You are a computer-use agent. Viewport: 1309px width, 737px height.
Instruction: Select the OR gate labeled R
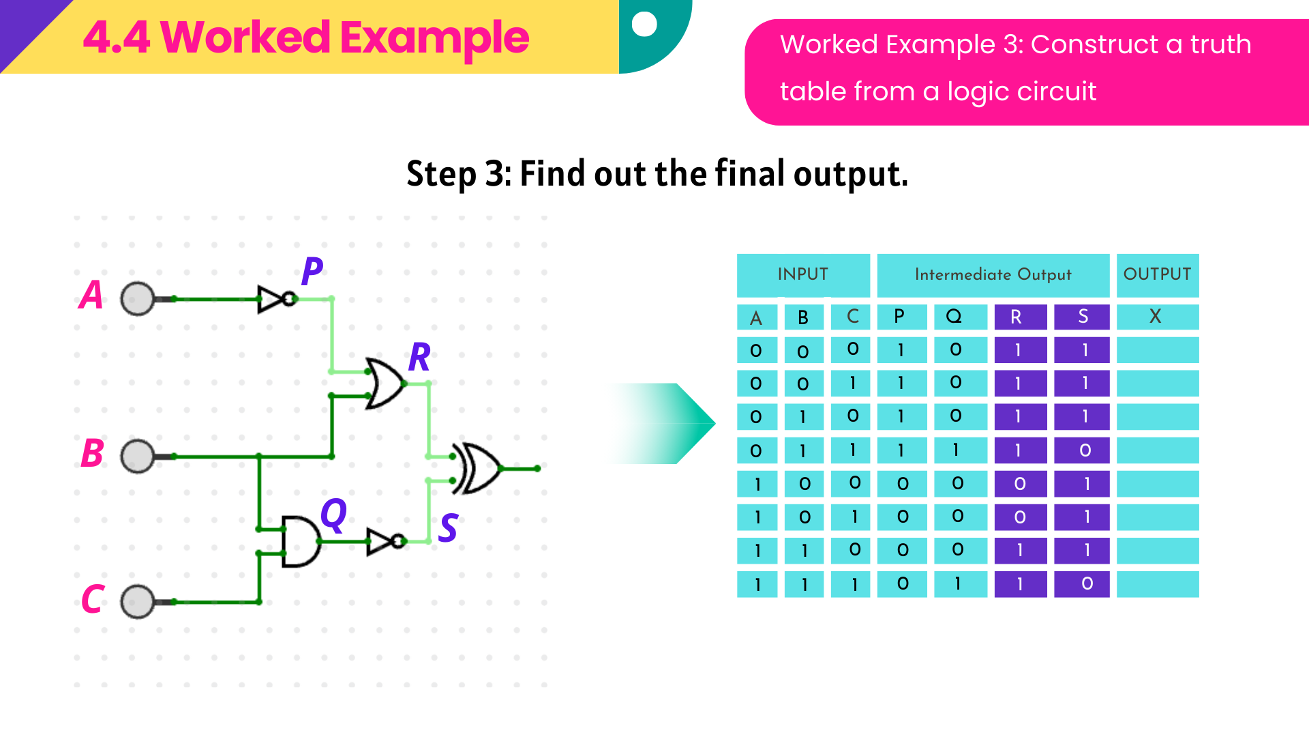(385, 384)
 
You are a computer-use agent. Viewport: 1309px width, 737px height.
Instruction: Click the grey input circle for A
(138, 299)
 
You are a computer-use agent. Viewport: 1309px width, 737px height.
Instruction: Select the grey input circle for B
(138, 456)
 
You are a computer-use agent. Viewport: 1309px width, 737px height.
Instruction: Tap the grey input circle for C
(138, 602)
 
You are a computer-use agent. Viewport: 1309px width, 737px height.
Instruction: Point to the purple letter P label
(312, 272)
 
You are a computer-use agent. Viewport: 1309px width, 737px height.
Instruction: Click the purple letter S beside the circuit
(448, 528)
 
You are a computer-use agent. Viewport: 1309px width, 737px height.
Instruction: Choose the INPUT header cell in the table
(803, 275)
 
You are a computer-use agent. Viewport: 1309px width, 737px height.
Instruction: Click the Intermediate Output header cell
(993, 275)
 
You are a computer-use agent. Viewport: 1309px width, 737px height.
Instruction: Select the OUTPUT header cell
(1157, 275)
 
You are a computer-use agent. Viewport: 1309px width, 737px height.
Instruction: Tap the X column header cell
(1157, 317)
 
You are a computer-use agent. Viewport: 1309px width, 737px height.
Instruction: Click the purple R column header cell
(1020, 317)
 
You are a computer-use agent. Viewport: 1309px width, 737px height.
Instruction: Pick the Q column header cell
(959, 317)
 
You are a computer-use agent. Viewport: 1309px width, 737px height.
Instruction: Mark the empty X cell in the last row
(1157, 584)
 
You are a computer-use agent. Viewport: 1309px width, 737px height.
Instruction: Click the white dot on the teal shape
(644, 24)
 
